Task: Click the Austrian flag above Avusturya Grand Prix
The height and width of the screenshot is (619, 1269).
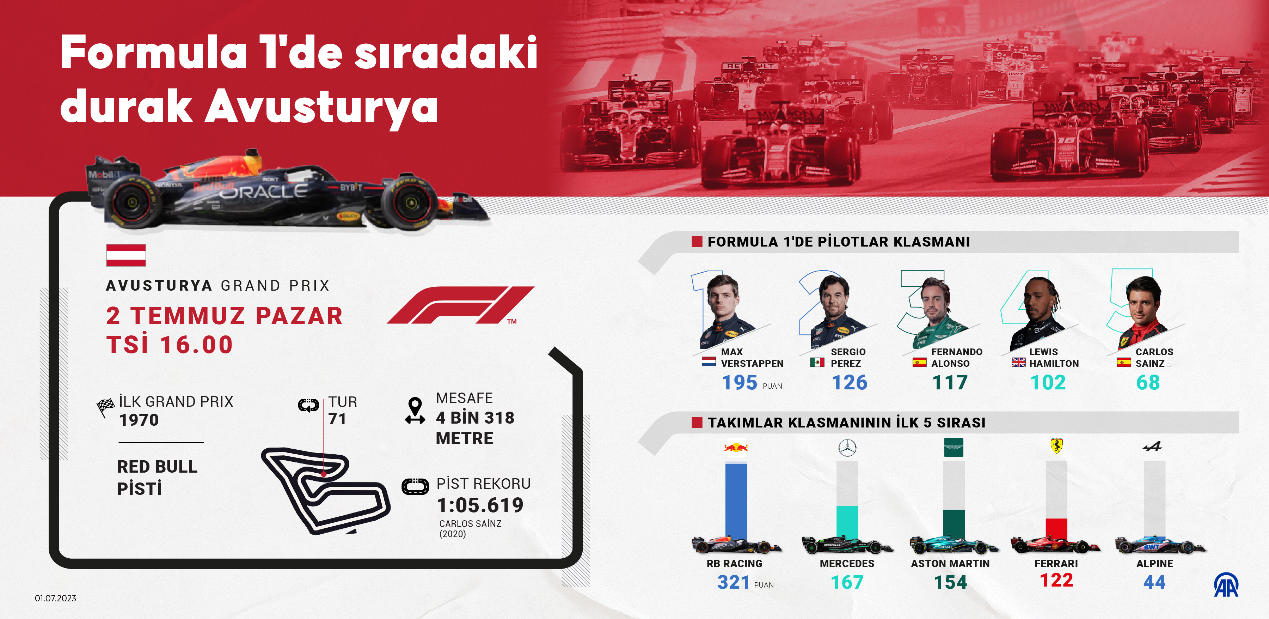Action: (x=126, y=255)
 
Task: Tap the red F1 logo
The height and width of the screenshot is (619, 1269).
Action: (x=461, y=305)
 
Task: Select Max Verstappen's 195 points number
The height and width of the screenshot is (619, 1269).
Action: (x=740, y=382)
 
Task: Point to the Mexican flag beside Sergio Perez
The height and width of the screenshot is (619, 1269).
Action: (x=817, y=363)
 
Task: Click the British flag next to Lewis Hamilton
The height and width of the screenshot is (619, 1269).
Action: (x=1018, y=363)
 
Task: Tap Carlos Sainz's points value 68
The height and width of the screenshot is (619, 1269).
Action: (x=1148, y=382)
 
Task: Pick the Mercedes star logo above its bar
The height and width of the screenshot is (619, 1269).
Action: (x=847, y=448)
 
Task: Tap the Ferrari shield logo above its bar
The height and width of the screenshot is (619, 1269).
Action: (x=1056, y=445)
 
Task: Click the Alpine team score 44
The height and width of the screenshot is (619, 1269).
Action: (x=1154, y=582)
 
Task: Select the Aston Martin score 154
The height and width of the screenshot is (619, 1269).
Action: (x=950, y=582)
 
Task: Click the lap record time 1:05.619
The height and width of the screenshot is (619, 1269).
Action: (x=480, y=505)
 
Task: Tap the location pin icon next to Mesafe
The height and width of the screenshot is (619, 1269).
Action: (x=415, y=411)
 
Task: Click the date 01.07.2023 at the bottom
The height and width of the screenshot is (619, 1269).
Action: (x=56, y=598)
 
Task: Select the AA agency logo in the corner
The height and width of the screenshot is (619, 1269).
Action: (x=1226, y=585)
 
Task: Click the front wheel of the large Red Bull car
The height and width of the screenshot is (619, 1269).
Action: (x=409, y=202)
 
